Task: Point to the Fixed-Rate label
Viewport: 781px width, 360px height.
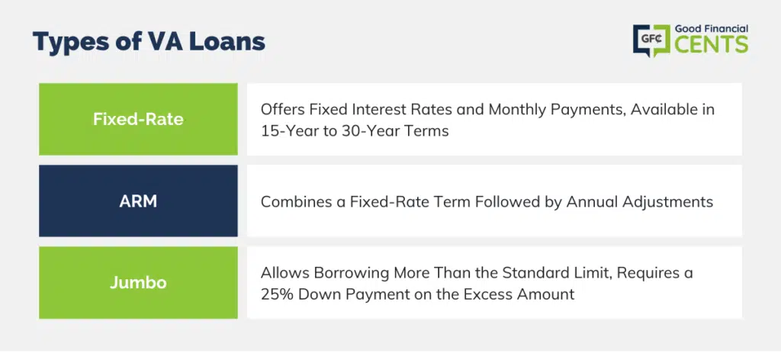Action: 138,120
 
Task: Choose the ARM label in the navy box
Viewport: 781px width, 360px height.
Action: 138,201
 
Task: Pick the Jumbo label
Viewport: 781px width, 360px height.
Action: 138,283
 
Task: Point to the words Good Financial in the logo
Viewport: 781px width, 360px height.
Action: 712,30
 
